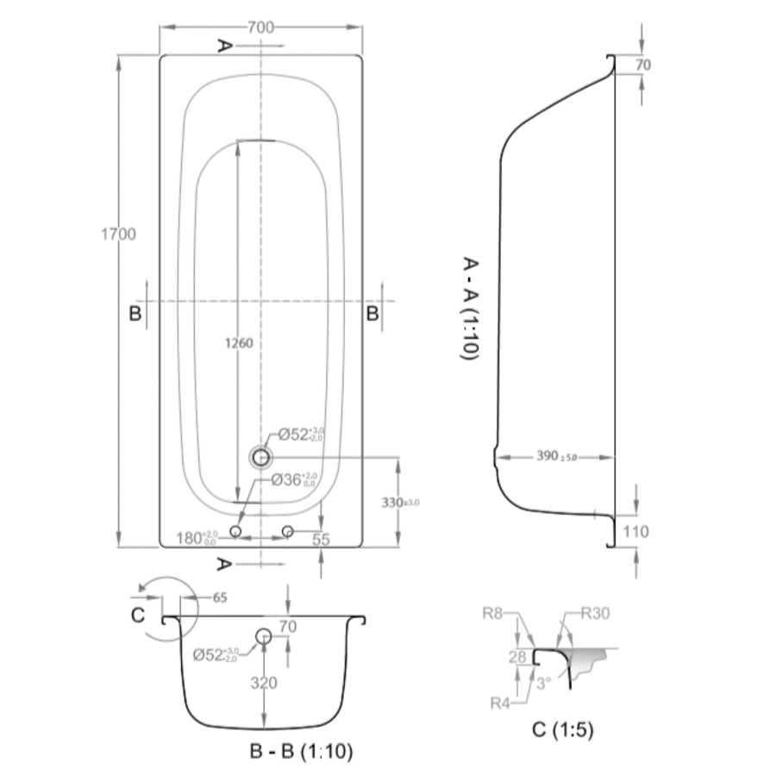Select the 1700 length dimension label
click(x=118, y=234)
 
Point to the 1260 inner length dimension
click(x=237, y=343)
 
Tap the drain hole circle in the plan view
click(x=260, y=457)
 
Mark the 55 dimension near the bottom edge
click(x=321, y=539)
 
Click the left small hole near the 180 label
click(x=235, y=531)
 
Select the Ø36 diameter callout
click(x=293, y=480)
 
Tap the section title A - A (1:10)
click(x=472, y=308)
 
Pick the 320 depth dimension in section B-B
click(x=264, y=683)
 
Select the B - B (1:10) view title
click(x=301, y=751)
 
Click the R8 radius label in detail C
click(x=492, y=615)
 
